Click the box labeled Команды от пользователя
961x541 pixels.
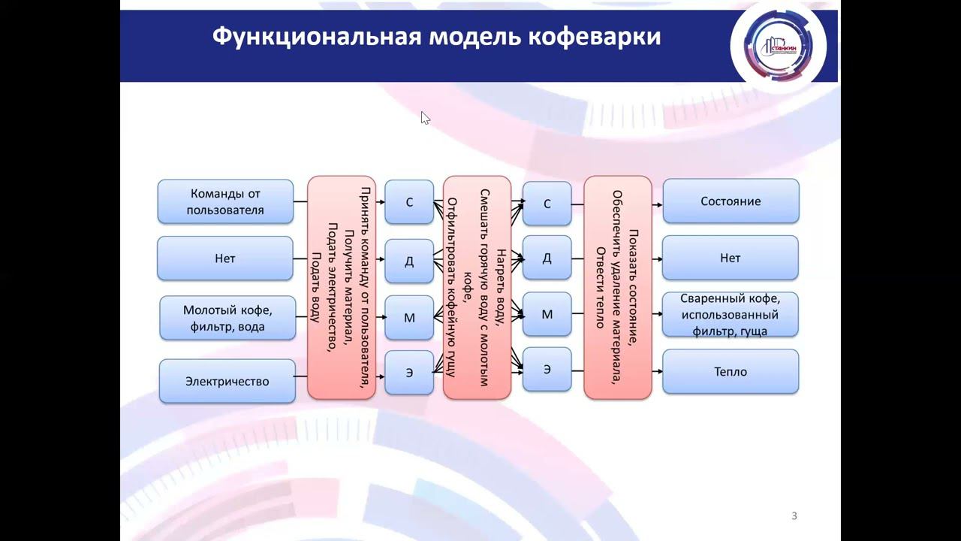[x=225, y=201]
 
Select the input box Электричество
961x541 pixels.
[x=227, y=381]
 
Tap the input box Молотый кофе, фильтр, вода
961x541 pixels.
[x=227, y=318]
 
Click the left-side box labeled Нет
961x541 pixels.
[x=225, y=258]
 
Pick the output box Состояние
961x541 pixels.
[x=731, y=201]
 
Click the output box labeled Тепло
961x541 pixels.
[x=731, y=371]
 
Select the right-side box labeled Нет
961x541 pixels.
[x=731, y=258]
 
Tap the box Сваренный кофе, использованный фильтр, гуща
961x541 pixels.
[x=731, y=315]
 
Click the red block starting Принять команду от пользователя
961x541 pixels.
[x=342, y=287]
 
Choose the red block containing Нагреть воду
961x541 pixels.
[x=477, y=287]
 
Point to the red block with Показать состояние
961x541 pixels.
[x=617, y=287]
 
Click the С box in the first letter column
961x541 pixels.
[x=409, y=202]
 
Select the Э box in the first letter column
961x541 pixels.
[x=409, y=373]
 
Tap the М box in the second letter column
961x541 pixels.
[x=547, y=314]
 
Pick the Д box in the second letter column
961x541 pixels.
[x=547, y=258]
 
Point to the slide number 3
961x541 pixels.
[x=794, y=515]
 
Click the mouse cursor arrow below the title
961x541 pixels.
[x=424, y=117]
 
